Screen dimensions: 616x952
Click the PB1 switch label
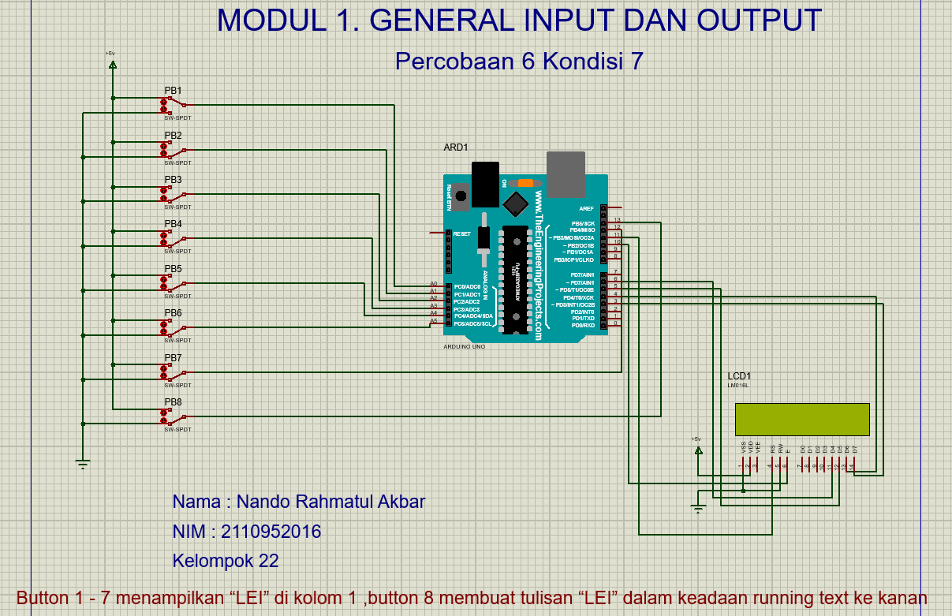click(x=173, y=91)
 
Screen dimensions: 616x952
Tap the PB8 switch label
click(x=173, y=403)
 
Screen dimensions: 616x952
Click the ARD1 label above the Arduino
click(x=456, y=147)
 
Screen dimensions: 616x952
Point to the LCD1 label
click(x=739, y=375)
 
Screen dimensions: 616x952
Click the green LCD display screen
click(x=801, y=419)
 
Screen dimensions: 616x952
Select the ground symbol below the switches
click(x=82, y=463)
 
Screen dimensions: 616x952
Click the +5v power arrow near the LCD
click(x=697, y=450)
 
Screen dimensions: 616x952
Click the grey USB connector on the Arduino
click(x=566, y=174)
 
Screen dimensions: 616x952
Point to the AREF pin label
click(x=586, y=208)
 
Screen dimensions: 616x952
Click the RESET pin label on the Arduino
click(x=461, y=233)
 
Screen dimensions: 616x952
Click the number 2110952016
click(x=271, y=532)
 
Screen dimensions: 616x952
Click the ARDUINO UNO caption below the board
click(x=465, y=345)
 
